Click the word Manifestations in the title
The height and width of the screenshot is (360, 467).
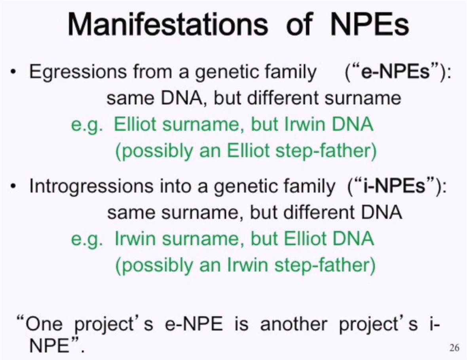coord(168,25)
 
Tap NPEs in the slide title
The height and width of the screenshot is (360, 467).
coord(369,25)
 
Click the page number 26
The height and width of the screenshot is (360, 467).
coord(454,347)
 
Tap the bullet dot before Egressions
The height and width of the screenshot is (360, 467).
coord(13,72)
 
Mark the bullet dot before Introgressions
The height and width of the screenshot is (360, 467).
coord(13,187)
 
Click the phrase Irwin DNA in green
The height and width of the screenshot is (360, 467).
coord(329,124)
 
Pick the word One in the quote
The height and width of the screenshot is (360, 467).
coord(44,324)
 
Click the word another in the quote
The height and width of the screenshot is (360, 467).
coord(294,324)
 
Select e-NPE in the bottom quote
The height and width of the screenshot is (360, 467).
coord(194,324)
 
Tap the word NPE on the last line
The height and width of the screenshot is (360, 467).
coord(49,346)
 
